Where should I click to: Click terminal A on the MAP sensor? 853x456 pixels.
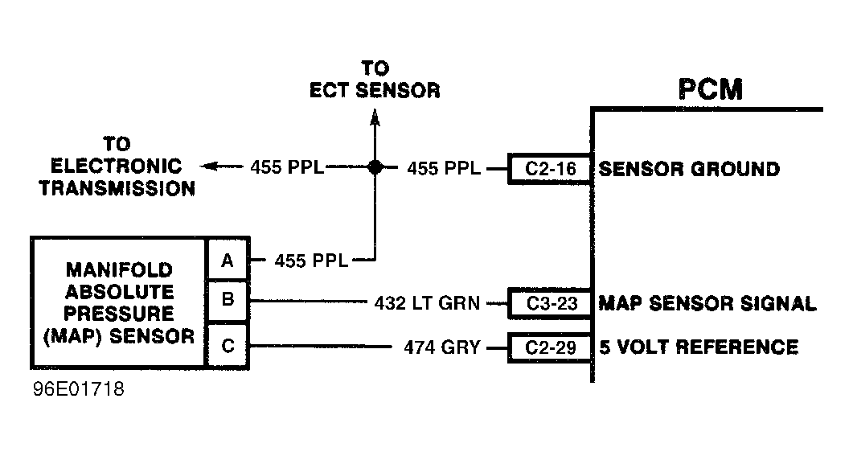pyautogui.click(x=228, y=260)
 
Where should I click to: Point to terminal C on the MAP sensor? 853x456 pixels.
pyautogui.click(x=228, y=346)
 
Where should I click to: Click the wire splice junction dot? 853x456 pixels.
pyautogui.click(x=374, y=167)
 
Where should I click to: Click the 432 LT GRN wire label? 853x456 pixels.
pyautogui.click(x=426, y=303)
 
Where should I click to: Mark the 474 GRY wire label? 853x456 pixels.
pyautogui.click(x=441, y=347)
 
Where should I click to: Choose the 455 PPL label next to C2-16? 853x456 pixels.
pyautogui.click(x=444, y=168)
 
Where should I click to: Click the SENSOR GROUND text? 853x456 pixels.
pyautogui.click(x=689, y=169)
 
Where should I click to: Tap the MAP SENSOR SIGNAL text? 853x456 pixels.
pyautogui.click(x=707, y=303)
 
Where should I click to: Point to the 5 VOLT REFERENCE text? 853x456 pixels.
pyautogui.click(x=699, y=347)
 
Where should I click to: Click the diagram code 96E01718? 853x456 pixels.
pyautogui.click(x=79, y=390)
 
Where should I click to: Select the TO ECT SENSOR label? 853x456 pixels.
pyautogui.click(x=375, y=80)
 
